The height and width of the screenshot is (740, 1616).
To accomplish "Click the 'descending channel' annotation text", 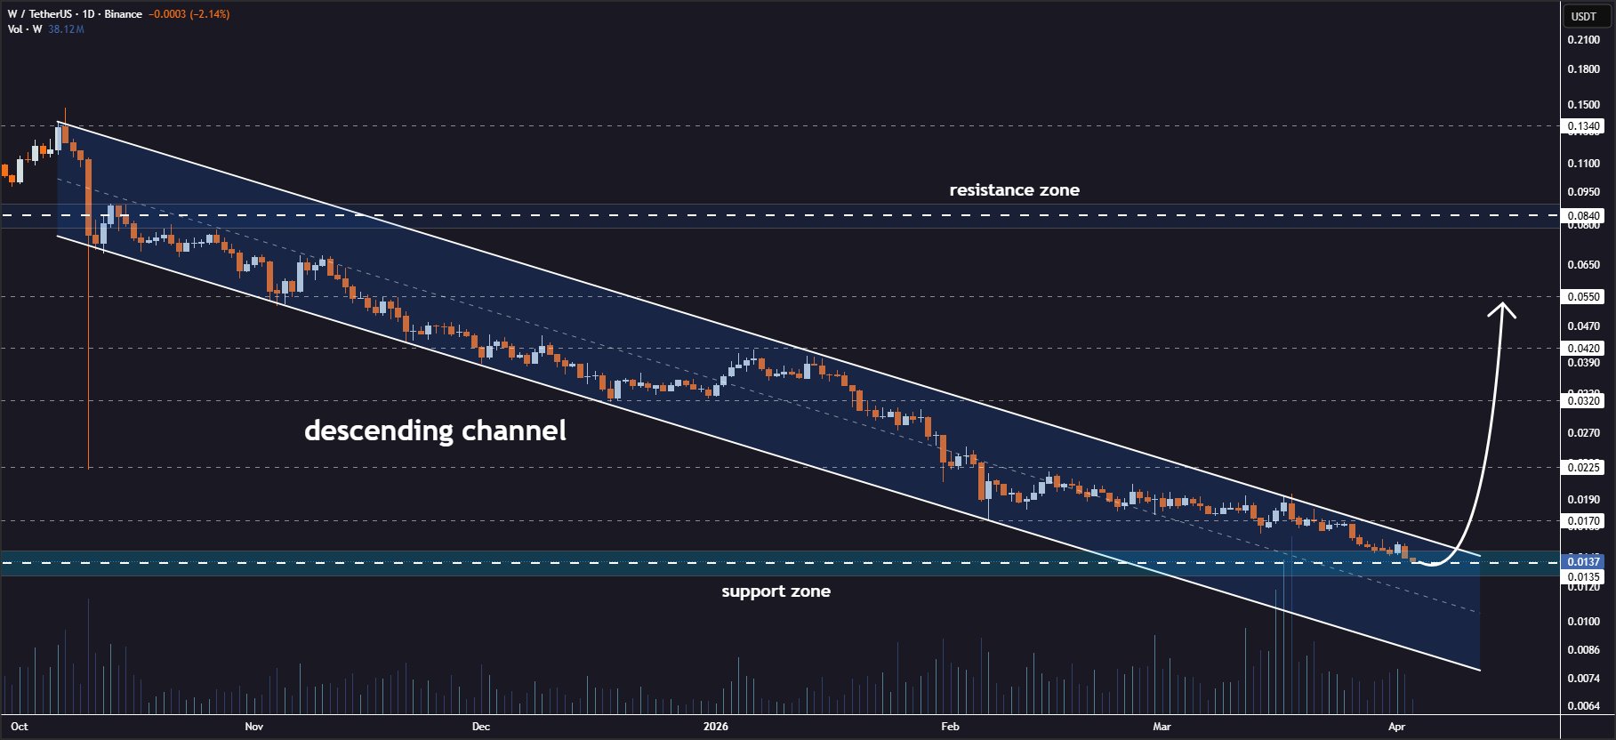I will (x=435, y=430).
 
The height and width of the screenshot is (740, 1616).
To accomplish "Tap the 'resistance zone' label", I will (x=1014, y=189).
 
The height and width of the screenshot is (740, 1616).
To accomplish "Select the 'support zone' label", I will (x=776, y=591).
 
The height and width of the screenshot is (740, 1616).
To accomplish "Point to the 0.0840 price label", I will (x=1583, y=215).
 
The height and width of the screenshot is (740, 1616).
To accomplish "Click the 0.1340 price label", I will (x=1583, y=126).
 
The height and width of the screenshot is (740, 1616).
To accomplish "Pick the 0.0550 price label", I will (x=1583, y=296).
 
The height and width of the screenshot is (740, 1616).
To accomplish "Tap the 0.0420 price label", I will (x=1583, y=349).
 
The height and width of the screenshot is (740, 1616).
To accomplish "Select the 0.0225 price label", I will (x=1583, y=467).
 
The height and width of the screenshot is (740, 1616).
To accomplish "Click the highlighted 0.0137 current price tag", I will (x=1583, y=561).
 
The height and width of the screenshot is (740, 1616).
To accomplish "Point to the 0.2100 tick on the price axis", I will (x=1583, y=40).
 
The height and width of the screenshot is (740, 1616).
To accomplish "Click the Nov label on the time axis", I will (x=254, y=727).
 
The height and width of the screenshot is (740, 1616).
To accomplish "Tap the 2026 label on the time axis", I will (x=715, y=727).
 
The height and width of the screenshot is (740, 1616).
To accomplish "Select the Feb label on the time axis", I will (x=950, y=727).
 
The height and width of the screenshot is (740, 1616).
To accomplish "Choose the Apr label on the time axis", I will (x=1396, y=727).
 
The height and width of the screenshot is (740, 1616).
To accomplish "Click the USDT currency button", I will (x=1583, y=16).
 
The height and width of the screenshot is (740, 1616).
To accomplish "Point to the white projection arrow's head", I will (x=1503, y=307).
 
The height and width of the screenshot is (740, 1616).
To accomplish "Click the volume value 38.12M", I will (x=66, y=29).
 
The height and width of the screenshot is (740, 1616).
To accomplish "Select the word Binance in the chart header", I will (x=123, y=14).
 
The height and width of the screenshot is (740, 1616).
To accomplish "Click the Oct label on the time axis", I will (x=20, y=727).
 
